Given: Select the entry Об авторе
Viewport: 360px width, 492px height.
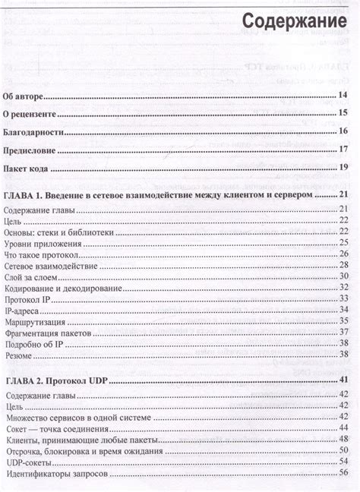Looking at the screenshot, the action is tap(25, 96).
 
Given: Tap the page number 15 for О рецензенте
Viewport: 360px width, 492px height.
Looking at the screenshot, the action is tap(343, 114).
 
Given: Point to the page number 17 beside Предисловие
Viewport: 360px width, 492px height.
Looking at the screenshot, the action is tap(343, 150).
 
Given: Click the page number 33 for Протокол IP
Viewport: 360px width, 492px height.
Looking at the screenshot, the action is tap(343, 300).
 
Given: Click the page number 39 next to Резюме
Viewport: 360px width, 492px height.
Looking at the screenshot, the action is tap(343, 355).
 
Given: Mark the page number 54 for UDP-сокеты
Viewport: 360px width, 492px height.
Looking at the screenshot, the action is tap(343, 462).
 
